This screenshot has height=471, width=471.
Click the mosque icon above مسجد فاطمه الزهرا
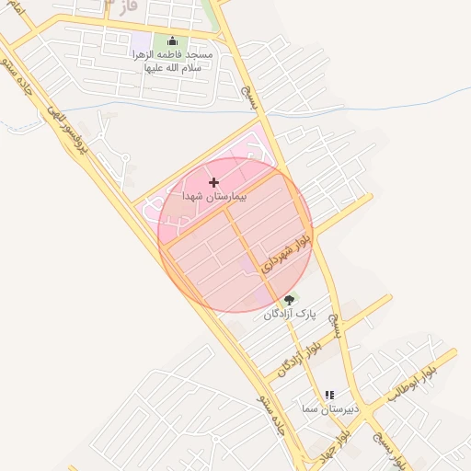click(172, 41)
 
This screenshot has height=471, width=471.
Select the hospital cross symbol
click(214, 183)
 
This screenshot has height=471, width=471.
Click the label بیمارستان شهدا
click(215, 198)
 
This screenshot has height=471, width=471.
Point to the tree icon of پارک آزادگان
click(289, 299)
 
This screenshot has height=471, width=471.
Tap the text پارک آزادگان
click(289, 314)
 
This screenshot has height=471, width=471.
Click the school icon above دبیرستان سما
click(329, 395)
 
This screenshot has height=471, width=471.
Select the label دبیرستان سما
click(326, 408)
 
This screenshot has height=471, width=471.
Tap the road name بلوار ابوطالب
click(410, 383)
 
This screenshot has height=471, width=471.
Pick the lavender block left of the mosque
click(141, 42)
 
